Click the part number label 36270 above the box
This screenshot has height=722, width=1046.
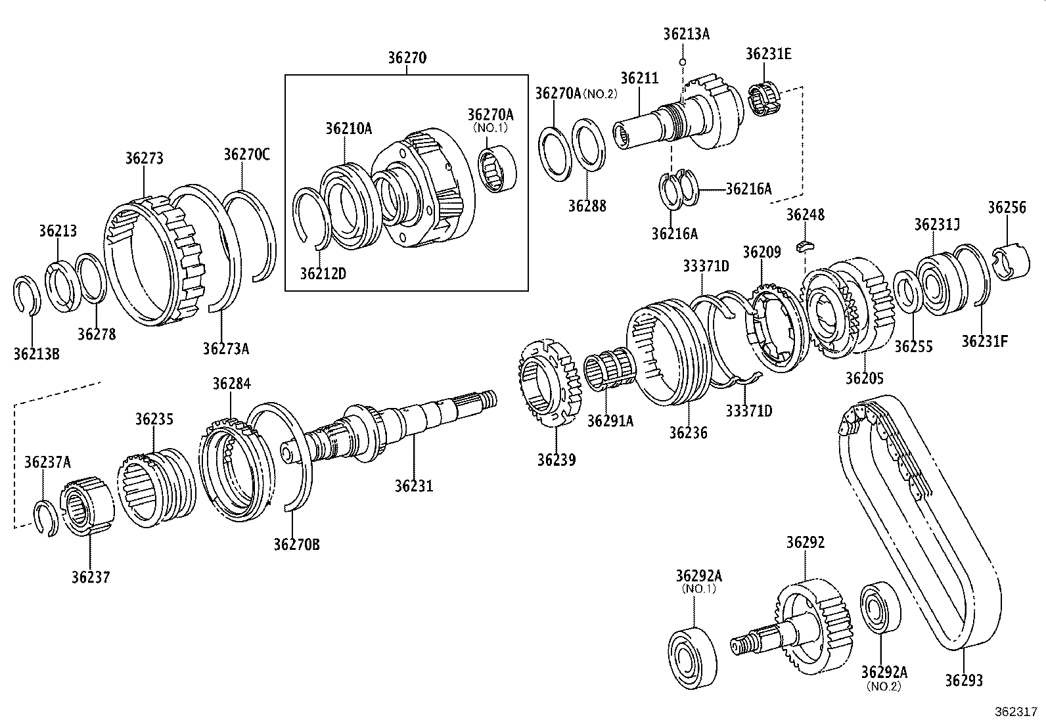pyautogui.click(x=407, y=58)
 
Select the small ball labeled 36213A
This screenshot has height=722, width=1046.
pyautogui.click(x=683, y=62)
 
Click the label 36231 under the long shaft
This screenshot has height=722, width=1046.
pyautogui.click(x=414, y=486)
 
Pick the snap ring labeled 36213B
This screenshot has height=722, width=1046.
pyautogui.click(x=28, y=296)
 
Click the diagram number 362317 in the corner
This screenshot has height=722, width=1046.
pyautogui.click(x=1015, y=711)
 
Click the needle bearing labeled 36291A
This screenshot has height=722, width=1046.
pyautogui.click(x=608, y=372)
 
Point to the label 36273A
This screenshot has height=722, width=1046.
pyautogui.click(x=225, y=348)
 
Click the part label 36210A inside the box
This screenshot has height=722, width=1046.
pyautogui.click(x=348, y=129)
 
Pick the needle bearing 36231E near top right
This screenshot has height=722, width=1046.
pyautogui.click(x=763, y=101)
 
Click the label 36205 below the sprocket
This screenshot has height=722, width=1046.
pyautogui.click(x=864, y=378)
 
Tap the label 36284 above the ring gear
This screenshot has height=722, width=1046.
pyautogui.click(x=231, y=384)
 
